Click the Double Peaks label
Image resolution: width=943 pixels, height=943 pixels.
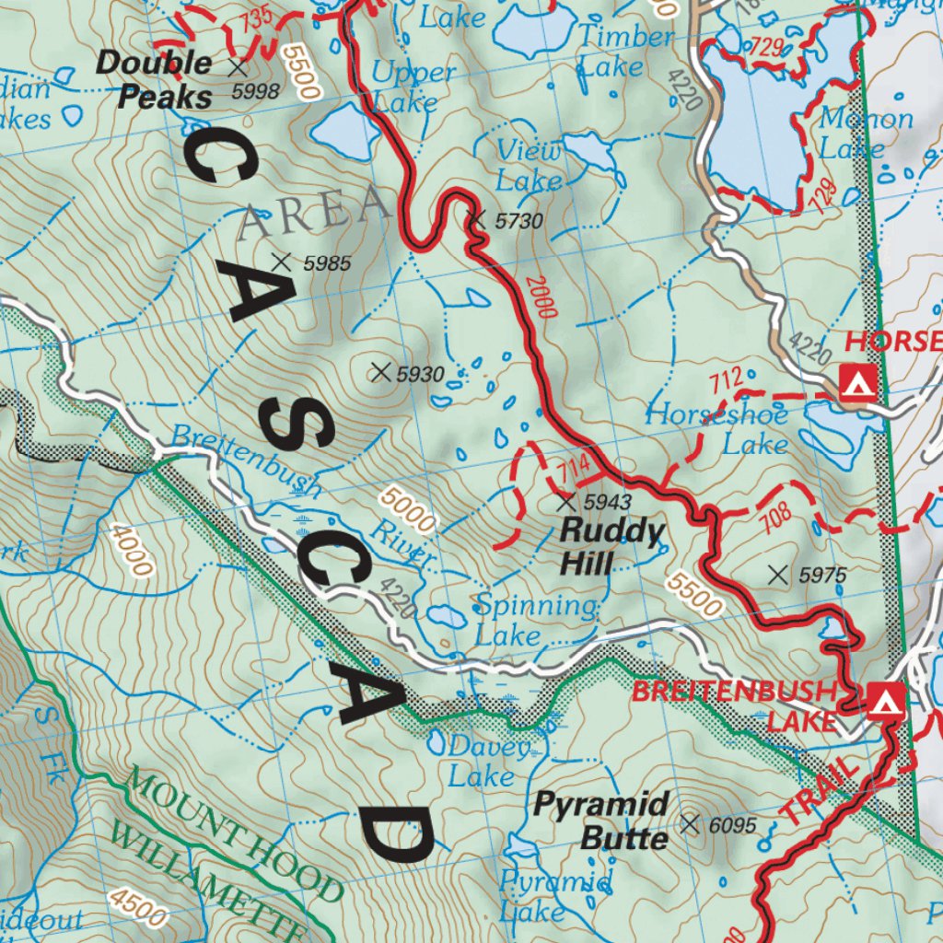(x=155, y=79)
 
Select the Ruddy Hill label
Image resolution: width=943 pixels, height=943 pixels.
(x=612, y=546)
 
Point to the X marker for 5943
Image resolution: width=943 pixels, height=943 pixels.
(x=566, y=502)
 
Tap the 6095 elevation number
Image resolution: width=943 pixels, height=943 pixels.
(x=733, y=825)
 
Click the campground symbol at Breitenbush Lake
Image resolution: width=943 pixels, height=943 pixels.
(x=884, y=702)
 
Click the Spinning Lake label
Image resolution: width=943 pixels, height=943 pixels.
(x=536, y=621)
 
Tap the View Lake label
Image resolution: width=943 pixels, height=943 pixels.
(x=529, y=165)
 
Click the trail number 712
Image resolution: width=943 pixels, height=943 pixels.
(x=726, y=378)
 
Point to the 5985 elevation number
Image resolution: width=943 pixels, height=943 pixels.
(x=326, y=264)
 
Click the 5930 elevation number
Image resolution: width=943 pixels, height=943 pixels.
(x=420, y=374)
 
